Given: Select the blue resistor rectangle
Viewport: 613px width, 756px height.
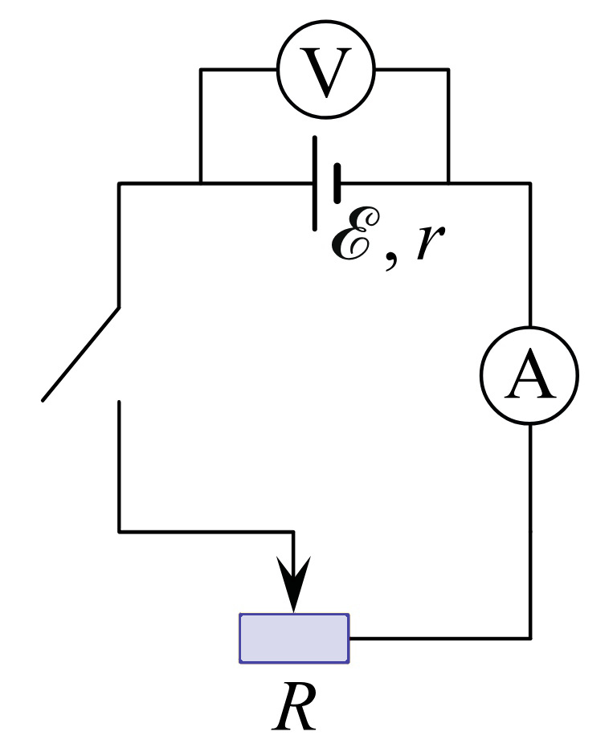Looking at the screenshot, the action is [294, 639].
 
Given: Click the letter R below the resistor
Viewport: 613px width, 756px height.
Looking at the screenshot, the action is [294, 706].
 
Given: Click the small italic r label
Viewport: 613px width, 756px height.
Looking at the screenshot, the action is [430, 242].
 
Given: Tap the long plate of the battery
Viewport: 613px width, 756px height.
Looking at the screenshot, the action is [315, 183].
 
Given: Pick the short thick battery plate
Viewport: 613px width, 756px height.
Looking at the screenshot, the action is [337, 183].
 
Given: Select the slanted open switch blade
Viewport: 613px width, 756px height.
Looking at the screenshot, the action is [80, 353].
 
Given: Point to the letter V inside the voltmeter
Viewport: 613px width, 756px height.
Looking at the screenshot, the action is [326, 72].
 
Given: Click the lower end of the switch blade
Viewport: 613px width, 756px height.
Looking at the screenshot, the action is [43, 400].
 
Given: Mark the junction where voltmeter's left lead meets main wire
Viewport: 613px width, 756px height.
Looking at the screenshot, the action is [201, 183].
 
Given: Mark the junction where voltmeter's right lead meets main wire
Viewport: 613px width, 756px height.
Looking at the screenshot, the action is [448, 183].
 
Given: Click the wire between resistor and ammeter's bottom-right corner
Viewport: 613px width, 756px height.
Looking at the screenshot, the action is [440, 639].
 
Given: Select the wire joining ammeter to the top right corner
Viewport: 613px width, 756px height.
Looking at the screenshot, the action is [530, 255].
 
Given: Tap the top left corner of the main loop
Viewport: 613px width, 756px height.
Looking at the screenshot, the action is [119, 183].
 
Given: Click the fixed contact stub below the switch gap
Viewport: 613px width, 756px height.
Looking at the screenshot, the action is [119, 465].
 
